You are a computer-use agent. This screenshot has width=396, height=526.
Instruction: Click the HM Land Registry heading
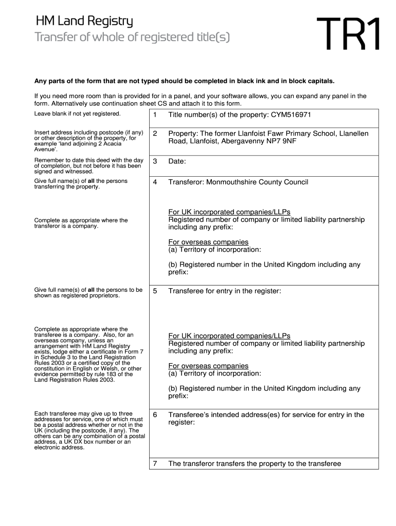point(84,22)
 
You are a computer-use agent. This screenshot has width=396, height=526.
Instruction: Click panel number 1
point(155,115)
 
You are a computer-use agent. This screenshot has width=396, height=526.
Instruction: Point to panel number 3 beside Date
point(155,161)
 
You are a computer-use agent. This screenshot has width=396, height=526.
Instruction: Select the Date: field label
point(177,161)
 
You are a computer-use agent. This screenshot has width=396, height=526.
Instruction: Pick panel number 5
point(155,291)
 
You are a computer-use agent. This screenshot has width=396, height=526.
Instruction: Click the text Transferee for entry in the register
point(225,291)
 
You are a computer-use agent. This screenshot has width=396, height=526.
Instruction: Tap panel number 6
point(155,415)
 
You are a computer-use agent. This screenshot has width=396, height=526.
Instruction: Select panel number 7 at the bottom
point(155,463)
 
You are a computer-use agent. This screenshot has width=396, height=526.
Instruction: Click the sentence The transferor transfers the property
point(255,463)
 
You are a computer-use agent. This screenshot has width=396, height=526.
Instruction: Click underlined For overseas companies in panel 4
point(208,242)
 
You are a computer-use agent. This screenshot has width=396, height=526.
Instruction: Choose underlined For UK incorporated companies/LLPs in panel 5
point(229,336)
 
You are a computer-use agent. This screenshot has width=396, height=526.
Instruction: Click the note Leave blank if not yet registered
point(77,114)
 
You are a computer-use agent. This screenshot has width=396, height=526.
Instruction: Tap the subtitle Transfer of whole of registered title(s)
point(132,37)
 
